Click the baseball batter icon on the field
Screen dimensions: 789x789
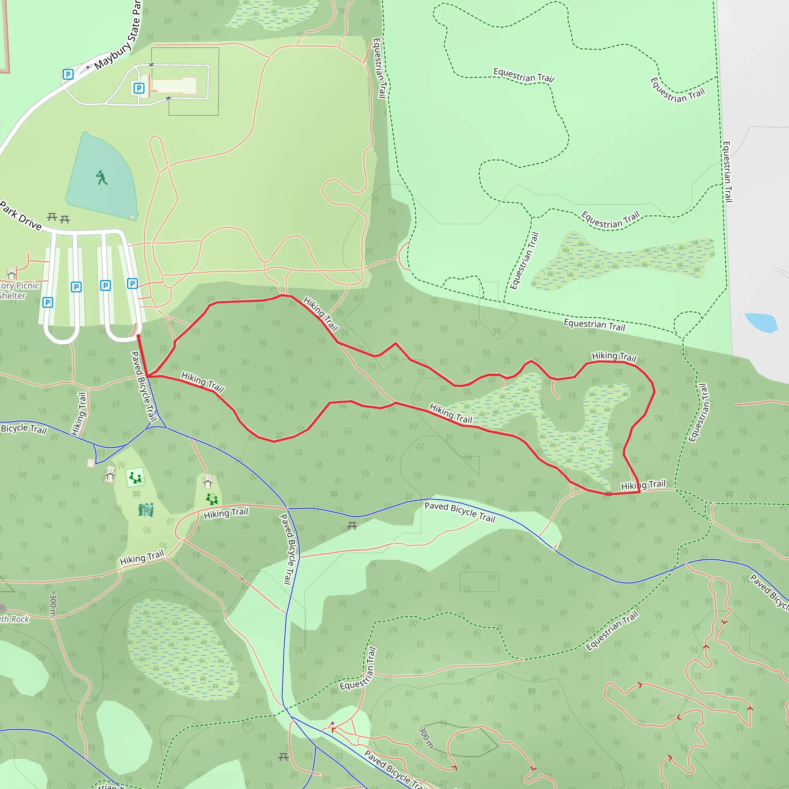coord(101,178)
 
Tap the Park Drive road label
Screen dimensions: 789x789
coord(20,216)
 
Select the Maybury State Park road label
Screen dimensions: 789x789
coord(118,37)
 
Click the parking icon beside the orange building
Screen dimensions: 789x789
coord(139,88)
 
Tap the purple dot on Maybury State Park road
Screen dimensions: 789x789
coord(88,67)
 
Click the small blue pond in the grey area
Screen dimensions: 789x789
coord(760,322)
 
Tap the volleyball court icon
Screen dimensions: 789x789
coord(146,510)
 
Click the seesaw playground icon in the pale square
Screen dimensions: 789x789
coord(135,477)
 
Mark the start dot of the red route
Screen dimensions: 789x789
coord(138,336)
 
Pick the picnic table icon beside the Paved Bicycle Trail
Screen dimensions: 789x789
coord(352,526)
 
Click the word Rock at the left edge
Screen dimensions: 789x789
coord(20,619)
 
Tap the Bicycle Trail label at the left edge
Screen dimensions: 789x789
coord(24,429)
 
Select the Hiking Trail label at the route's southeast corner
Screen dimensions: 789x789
coord(643,485)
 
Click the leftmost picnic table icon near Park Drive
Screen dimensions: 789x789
coord(52,217)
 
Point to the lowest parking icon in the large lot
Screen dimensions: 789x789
coord(48,302)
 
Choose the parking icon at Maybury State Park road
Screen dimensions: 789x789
coord(68,74)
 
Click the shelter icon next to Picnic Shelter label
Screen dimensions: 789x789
coord(12,272)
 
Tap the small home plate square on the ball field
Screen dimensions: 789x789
coord(132,216)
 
